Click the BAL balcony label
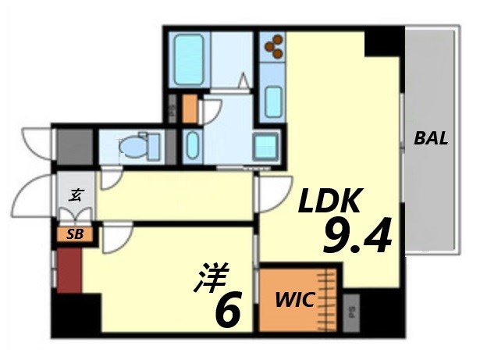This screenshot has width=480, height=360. coord(431,140)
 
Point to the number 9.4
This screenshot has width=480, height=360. coord(356,237)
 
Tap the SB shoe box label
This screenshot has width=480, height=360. coord(70,233)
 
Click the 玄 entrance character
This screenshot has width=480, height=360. coord(76,194)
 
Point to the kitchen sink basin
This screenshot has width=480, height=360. coord(273,101)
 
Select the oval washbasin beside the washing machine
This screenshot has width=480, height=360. coord(193,145)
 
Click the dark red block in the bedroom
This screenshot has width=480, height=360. coord(69,269)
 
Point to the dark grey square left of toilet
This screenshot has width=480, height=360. coord(75,145)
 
